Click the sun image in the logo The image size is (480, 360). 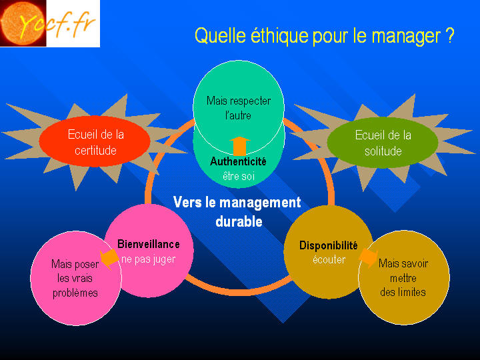23,23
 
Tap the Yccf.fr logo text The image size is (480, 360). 57,24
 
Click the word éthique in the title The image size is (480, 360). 279,36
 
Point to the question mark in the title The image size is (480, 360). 449,35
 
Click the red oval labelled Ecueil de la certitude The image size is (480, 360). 95,141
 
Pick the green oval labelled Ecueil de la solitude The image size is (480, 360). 383,143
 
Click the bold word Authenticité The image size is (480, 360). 238,161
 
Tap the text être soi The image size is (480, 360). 239,176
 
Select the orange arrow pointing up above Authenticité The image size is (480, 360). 240,146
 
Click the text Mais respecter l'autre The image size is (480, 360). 239,108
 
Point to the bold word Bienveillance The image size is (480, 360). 149,244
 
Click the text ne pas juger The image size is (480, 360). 149,259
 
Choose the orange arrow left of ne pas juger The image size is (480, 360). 109,258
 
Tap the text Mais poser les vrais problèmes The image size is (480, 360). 75,278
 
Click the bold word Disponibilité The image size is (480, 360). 329,245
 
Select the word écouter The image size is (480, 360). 329,259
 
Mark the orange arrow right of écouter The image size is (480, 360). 368,258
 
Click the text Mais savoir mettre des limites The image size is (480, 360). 403,277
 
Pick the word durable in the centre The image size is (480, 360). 239,221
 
